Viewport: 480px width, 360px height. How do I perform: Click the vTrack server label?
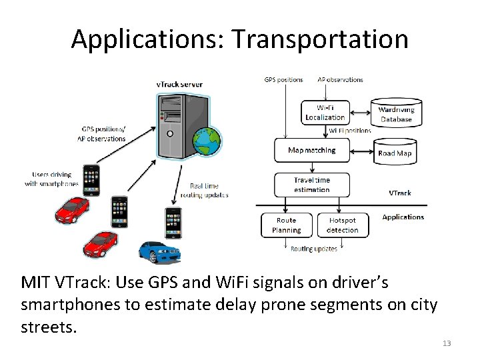(179, 85)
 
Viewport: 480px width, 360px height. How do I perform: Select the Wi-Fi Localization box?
(325, 113)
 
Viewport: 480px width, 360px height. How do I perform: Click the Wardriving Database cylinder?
(396, 114)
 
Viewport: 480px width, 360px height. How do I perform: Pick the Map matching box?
(311, 151)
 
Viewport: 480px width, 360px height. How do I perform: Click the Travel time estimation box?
(311, 185)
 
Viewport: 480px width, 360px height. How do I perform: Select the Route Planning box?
(286, 225)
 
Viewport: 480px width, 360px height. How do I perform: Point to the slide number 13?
(447, 343)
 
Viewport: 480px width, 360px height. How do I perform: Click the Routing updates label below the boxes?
(313, 249)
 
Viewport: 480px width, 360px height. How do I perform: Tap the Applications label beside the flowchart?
(403, 217)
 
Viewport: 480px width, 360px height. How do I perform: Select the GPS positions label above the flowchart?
(283, 80)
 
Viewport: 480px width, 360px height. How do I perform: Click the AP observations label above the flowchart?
(340, 80)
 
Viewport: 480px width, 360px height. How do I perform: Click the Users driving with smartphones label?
(51, 179)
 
